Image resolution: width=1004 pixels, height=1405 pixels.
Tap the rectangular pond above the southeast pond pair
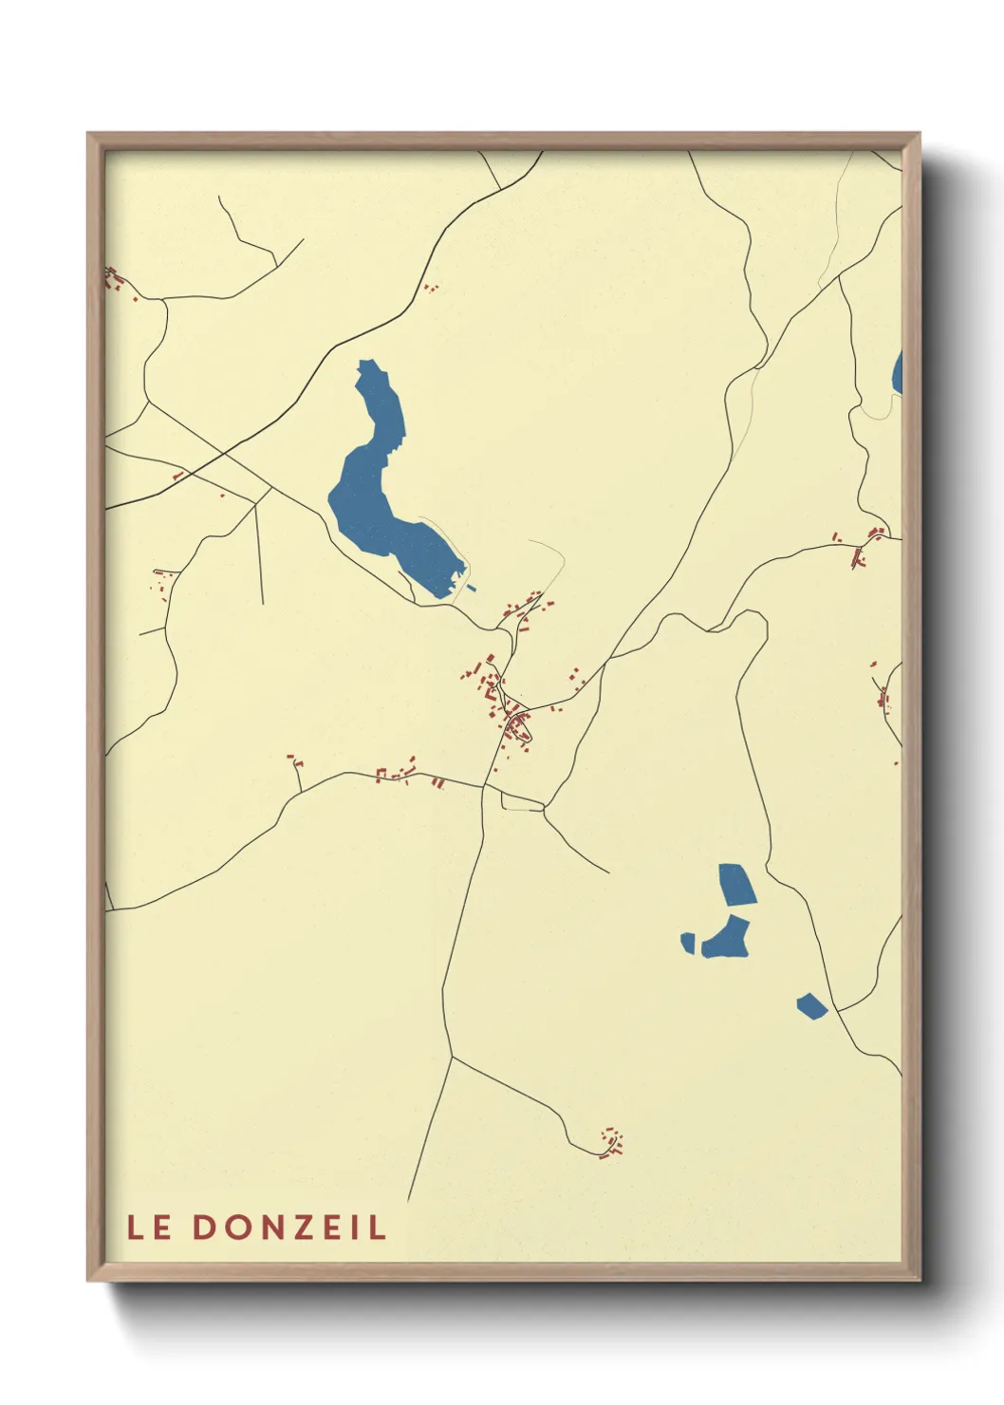pyautogui.click(x=736, y=884)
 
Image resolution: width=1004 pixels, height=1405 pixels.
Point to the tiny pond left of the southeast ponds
pyautogui.click(x=688, y=943)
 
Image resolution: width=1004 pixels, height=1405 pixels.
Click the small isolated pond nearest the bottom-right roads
pyautogui.click(x=811, y=1005)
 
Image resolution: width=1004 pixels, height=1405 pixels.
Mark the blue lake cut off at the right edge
pyautogui.click(x=898, y=374)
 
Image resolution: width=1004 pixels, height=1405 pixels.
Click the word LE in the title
pyautogui.click(x=150, y=1227)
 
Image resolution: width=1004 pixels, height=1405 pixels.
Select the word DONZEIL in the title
pyautogui.click(x=289, y=1227)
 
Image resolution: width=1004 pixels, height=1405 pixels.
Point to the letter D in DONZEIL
pyautogui.click(x=204, y=1227)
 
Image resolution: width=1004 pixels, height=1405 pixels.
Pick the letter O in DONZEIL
pyautogui.click(x=236, y=1227)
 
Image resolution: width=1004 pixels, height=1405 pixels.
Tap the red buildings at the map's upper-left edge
pyautogui.click(x=115, y=278)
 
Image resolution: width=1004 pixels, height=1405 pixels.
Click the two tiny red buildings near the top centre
pyautogui.click(x=431, y=287)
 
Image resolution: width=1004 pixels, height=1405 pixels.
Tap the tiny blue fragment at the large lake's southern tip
pyautogui.click(x=472, y=589)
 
